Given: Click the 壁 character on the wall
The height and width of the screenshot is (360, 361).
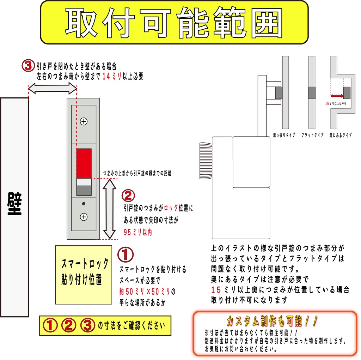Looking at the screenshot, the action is click(14, 204).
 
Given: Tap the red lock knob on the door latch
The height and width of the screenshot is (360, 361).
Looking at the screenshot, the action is click(84, 163).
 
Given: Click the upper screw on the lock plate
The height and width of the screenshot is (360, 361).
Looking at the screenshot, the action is click(84, 121).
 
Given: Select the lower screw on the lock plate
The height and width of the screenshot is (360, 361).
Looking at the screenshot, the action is click(84, 217).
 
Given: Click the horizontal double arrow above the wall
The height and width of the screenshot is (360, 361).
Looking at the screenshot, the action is click(53, 89).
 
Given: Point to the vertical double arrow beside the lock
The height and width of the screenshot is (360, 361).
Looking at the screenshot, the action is click(109, 209).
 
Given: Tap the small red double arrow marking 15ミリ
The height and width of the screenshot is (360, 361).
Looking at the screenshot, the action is click(337, 96).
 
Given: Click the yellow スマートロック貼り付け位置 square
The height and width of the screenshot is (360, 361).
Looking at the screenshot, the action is click(84, 275).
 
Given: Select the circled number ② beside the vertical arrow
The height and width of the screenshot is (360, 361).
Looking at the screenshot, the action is click(128, 196).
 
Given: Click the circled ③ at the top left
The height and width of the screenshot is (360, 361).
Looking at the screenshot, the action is click(28, 65).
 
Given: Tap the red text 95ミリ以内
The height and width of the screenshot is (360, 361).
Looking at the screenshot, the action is click(138, 232).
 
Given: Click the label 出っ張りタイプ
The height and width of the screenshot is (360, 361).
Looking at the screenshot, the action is click(284, 135).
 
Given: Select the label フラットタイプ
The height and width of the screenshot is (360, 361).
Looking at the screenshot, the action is click(312, 135).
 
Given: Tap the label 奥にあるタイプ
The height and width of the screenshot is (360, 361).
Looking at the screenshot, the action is click(340, 135).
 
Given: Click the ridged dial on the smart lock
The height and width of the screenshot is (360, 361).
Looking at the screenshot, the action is click(206, 161).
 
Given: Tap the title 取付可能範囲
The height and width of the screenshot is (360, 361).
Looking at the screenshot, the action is click(174, 23).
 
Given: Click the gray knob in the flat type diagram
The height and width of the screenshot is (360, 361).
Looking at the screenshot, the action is click(312, 93).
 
